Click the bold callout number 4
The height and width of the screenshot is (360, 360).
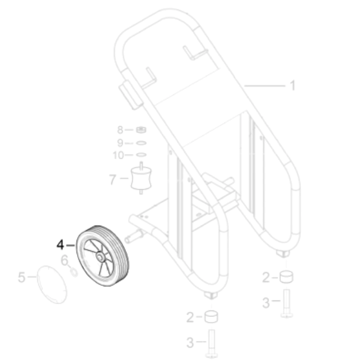point(60,245)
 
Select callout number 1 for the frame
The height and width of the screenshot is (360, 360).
point(292,85)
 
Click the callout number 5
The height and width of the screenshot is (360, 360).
point(21,277)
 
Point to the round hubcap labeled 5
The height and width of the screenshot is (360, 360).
point(52,285)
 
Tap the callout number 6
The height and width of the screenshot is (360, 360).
point(64,260)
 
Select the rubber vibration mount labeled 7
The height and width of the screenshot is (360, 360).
point(141,179)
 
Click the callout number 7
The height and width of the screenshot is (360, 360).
point(112,179)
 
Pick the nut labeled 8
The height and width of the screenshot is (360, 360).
point(141,130)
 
